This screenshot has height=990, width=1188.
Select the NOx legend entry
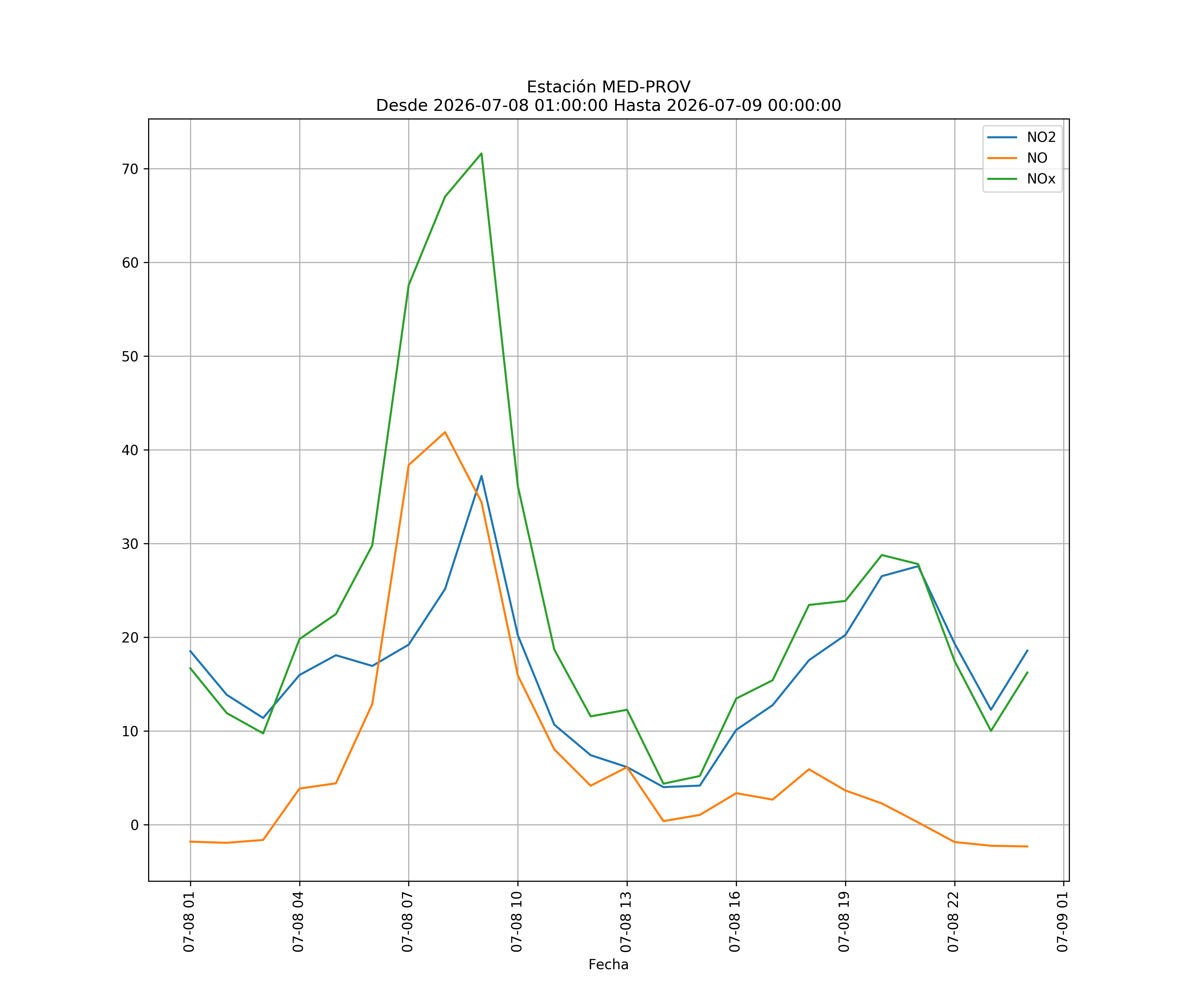pos(1022,179)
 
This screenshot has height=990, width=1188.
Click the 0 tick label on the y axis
pos(135,825)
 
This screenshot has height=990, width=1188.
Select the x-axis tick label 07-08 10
pos(516,922)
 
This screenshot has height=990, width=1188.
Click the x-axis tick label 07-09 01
pos(1062,922)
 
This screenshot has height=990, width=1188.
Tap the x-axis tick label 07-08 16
pos(735,922)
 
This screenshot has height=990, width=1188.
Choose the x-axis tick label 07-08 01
pos(189,922)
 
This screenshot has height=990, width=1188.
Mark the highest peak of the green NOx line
pos(481,153)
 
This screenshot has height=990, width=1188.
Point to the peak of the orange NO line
pos(445,432)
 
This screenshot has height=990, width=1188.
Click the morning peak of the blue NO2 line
pos(481,476)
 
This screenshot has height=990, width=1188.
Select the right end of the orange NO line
pos(1027,846)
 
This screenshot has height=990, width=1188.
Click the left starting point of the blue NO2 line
pos(190,650)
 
